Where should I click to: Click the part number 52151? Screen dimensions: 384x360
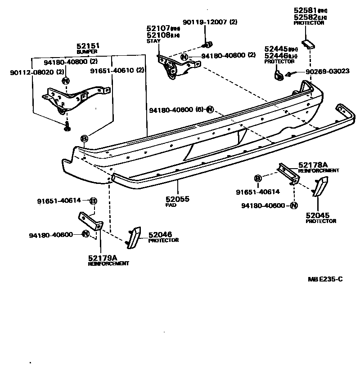coord(88,46)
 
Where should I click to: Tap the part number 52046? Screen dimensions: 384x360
coord(160,234)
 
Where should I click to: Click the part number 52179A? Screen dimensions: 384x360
coord(103,258)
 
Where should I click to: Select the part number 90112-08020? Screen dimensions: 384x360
coord(28,71)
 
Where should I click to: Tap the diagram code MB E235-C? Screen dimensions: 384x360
coord(325,279)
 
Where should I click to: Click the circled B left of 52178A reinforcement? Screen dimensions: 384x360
coord(258,179)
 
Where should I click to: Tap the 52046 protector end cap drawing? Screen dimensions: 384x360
coord(134,237)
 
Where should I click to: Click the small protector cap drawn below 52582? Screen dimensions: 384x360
coord(309,43)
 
